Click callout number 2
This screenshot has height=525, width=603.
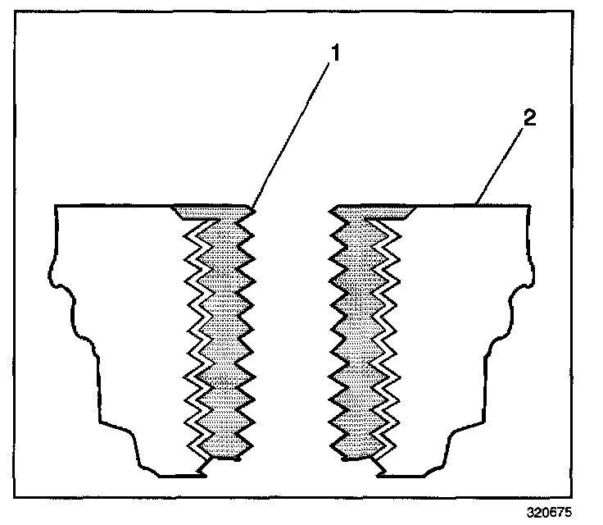pos(529,117)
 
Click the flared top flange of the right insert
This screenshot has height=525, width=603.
pos(374,212)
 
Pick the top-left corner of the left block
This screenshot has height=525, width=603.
pos(55,205)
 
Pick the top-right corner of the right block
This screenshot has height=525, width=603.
pos(525,205)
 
